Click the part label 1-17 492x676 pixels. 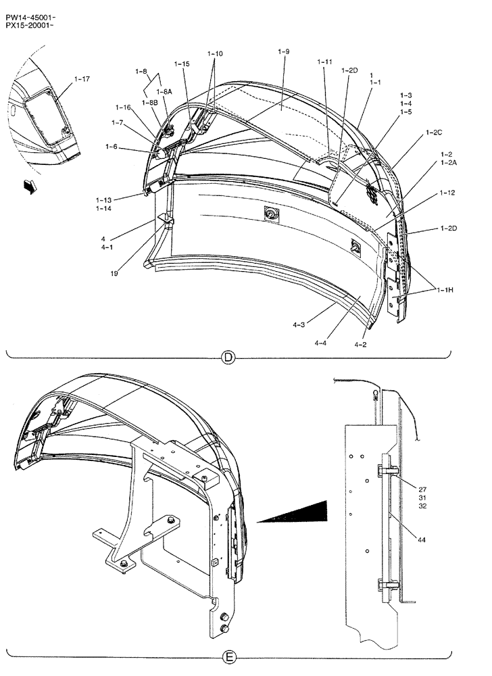point(80,79)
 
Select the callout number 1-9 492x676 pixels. point(284,51)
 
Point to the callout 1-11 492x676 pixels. point(324,62)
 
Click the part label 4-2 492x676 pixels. point(362,344)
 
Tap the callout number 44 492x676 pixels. point(422,540)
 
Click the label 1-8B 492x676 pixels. point(149,102)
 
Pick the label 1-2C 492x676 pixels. point(433,134)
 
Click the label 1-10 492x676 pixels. point(215,53)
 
